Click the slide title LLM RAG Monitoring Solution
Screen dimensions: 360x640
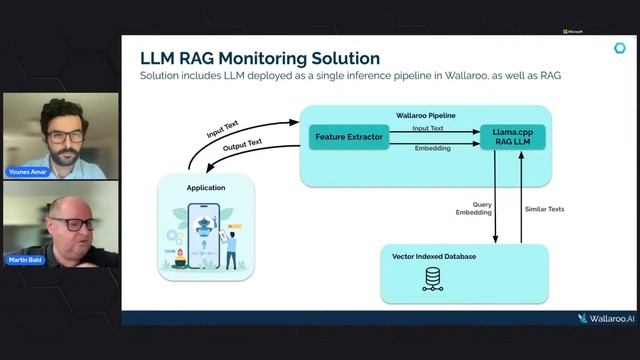click(x=260, y=58)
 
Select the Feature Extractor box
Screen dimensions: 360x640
click(x=348, y=137)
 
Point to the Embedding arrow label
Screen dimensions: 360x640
click(x=432, y=148)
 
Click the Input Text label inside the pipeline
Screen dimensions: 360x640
click(x=428, y=128)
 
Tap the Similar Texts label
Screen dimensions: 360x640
click(x=544, y=208)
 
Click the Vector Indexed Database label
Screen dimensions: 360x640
click(x=434, y=256)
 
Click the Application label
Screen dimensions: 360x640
click(x=205, y=187)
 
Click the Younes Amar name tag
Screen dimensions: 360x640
click(x=26, y=171)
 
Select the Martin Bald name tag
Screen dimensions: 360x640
click(x=24, y=261)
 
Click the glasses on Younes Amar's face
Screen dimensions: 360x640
click(x=63, y=135)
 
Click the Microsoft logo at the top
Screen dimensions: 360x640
click(x=574, y=32)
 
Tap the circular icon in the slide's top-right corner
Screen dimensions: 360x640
click(x=619, y=48)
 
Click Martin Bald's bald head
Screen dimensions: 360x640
click(x=69, y=206)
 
